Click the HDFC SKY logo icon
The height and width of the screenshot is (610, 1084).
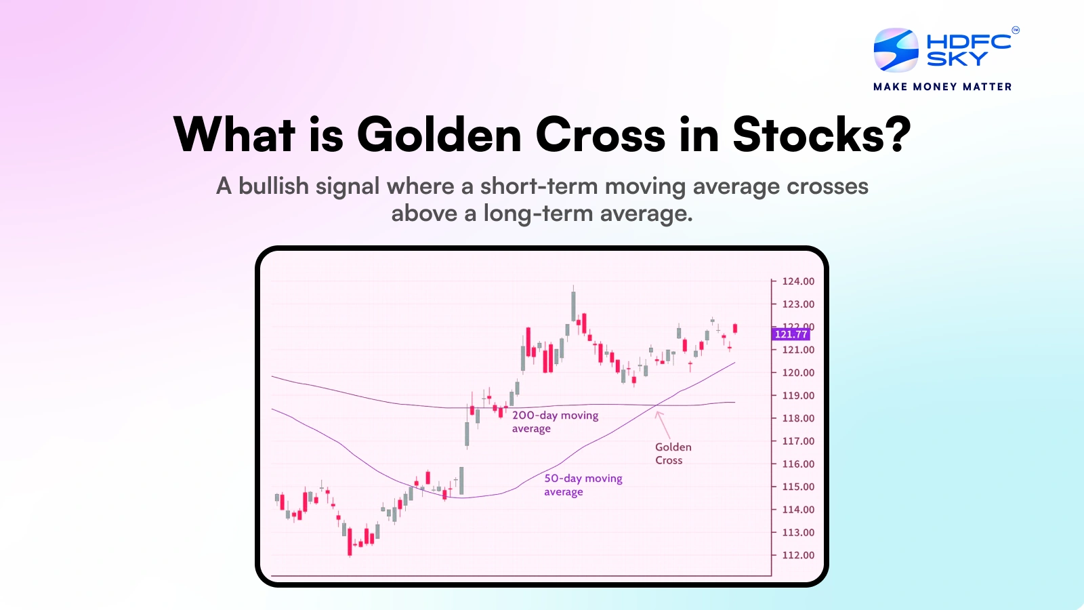coord(896,50)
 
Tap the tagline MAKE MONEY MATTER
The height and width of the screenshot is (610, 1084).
coord(942,87)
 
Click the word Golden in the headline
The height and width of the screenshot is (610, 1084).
coord(440,135)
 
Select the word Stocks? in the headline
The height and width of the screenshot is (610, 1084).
coord(821,135)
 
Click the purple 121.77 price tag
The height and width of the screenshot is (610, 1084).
coord(791,334)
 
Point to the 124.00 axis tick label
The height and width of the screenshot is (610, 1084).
coord(798,281)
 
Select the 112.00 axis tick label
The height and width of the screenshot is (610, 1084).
coord(798,555)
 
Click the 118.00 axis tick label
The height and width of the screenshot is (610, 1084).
coord(798,418)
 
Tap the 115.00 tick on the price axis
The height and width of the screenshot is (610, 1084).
coord(798,487)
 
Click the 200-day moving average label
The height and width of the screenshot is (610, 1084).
coord(554,422)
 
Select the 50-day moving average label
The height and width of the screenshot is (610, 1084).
coord(583,485)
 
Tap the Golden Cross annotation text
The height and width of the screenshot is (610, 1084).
coord(673,453)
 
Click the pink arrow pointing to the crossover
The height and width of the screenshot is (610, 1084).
coord(663,425)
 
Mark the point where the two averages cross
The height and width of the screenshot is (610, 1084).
coord(656,405)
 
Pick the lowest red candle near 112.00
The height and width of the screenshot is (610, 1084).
coord(350,542)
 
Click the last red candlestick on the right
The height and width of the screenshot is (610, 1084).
coord(735,329)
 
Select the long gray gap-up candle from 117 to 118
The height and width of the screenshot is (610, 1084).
coord(467,434)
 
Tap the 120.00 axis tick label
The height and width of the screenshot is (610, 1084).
coord(798,373)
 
